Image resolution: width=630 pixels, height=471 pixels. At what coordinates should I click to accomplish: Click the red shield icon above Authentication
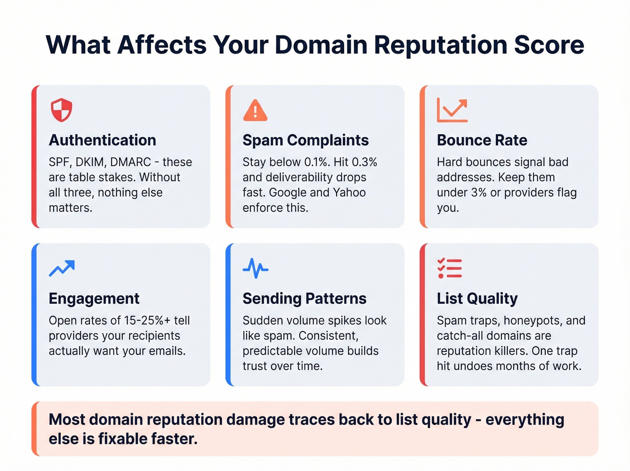[x=61, y=110]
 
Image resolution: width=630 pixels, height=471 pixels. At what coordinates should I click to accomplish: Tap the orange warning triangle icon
[x=255, y=110]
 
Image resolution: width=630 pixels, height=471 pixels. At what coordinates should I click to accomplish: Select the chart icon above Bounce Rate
[x=452, y=110]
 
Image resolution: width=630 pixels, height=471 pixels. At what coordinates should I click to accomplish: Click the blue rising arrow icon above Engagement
[x=62, y=268]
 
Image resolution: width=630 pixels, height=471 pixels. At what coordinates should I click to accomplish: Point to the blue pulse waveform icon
[x=255, y=268]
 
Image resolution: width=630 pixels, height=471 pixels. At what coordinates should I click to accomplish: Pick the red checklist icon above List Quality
[x=450, y=268]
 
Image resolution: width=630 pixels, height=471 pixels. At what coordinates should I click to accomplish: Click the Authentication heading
[x=102, y=140]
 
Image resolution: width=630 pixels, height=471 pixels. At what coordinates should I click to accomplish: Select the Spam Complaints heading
[x=306, y=140]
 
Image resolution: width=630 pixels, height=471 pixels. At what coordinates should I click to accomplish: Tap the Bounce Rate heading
[x=482, y=140]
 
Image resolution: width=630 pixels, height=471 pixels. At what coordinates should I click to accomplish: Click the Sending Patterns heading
[x=304, y=298]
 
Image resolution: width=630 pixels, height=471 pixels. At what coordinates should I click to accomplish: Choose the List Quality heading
[x=477, y=298]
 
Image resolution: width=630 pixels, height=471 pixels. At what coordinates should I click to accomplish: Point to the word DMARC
[x=130, y=162]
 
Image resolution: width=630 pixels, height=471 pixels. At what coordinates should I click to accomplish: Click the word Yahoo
[x=349, y=193]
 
